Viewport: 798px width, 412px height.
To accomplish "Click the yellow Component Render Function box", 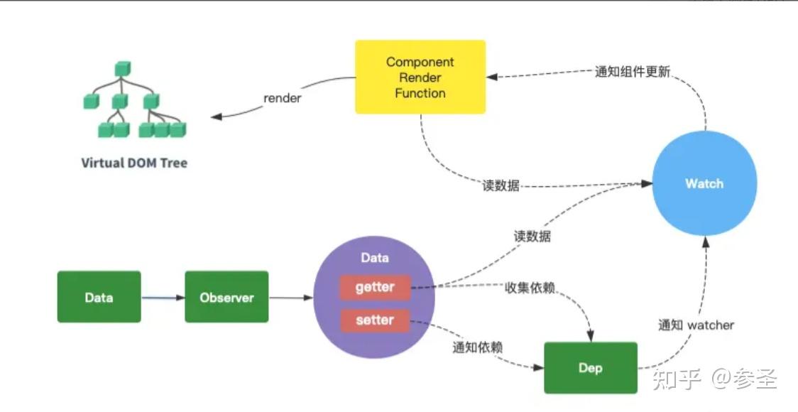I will coord(420,77).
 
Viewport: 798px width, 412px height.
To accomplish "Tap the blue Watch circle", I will coord(704,184).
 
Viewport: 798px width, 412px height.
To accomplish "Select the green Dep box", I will coord(591,368).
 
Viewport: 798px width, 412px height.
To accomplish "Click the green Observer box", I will coord(226,297).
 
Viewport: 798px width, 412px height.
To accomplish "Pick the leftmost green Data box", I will coord(99,297).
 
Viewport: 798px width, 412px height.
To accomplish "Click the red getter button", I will coord(375,288).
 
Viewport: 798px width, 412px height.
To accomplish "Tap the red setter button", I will coord(375,320).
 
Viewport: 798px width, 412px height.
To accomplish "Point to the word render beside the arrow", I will coord(283,98).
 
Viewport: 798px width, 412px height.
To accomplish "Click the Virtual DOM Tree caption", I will coord(134,163).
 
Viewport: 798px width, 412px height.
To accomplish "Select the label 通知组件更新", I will coord(632,72).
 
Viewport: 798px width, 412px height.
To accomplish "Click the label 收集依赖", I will coord(530,288).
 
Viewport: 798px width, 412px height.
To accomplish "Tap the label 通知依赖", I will coord(478,347).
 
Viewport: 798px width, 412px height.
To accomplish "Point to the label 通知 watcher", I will coord(696,325).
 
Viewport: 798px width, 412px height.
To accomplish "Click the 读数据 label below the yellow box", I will coord(500,186).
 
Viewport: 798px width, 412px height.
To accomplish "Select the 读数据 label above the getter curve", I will coord(532,237).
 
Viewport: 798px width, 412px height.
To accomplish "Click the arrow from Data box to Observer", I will coord(163,298).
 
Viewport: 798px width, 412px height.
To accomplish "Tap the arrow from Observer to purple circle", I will coord(291,298).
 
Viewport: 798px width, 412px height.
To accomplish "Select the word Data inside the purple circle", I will coord(375,258).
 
